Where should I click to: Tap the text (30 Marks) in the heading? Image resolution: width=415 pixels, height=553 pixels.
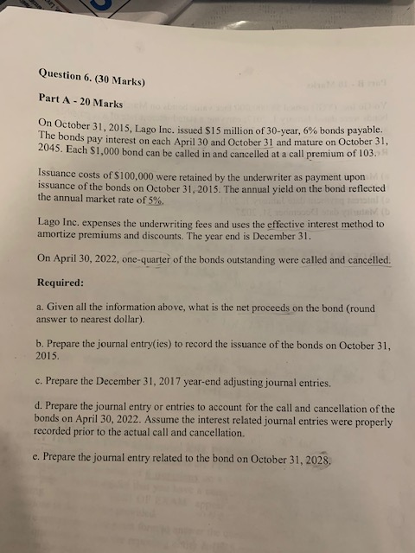(x=123, y=81)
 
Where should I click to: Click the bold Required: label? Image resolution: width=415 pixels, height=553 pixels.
(x=61, y=282)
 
